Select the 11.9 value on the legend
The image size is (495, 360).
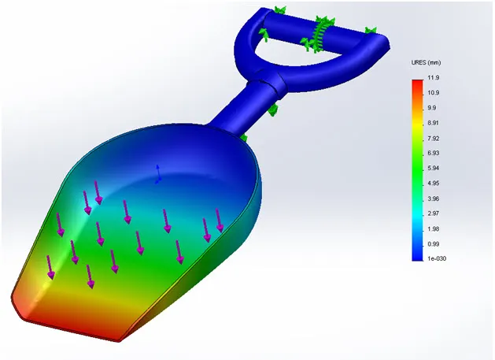click(x=432, y=78)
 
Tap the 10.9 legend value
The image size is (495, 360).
click(x=432, y=93)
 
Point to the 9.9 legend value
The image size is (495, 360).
click(x=430, y=108)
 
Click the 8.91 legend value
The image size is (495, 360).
click(x=432, y=123)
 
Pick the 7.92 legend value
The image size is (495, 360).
click(x=432, y=138)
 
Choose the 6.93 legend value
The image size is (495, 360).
click(x=432, y=153)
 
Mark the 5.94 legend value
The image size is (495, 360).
click(x=432, y=168)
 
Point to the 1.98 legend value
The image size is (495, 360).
click(x=432, y=228)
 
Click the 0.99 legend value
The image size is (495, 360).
click(x=432, y=243)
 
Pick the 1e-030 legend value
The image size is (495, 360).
click(x=435, y=258)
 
